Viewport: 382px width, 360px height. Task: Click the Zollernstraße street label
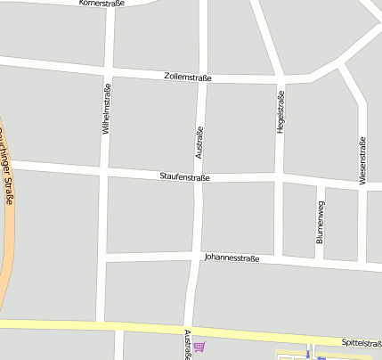pyautogui.click(x=188, y=78)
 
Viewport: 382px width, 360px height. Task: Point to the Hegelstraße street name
pyautogui.click(x=280, y=112)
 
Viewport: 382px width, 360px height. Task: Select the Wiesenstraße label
pyautogui.click(x=362, y=160)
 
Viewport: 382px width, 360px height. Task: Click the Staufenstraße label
pyautogui.click(x=184, y=177)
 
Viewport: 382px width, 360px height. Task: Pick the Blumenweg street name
pyautogui.click(x=321, y=222)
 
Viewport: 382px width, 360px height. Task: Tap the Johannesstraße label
pyautogui.click(x=232, y=258)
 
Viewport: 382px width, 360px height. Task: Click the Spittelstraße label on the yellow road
pyautogui.click(x=361, y=342)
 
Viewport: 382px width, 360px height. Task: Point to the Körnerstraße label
pyautogui.click(x=102, y=3)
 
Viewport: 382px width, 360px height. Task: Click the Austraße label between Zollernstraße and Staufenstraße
pyautogui.click(x=199, y=142)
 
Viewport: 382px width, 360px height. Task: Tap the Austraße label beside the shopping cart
pyautogui.click(x=187, y=344)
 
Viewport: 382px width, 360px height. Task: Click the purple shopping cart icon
pyautogui.click(x=199, y=347)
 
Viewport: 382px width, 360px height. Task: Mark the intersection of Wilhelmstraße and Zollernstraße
pyautogui.click(x=108, y=70)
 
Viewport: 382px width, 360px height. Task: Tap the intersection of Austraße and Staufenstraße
pyautogui.click(x=199, y=177)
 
